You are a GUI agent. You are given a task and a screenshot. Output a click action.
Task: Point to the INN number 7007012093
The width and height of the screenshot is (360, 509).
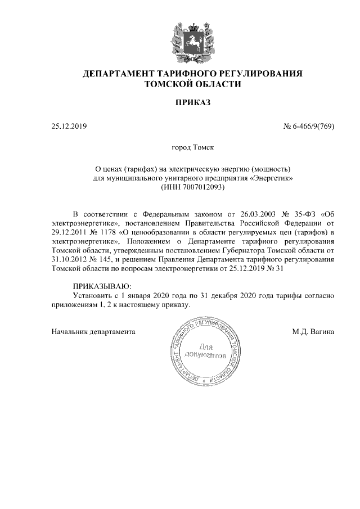202,186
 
